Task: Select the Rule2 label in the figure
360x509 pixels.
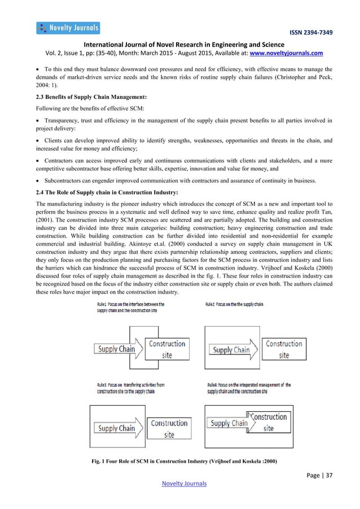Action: pyautogui.click(x=232, y=304)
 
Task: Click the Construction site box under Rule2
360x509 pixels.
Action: pyautogui.click(x=284, y=349)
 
